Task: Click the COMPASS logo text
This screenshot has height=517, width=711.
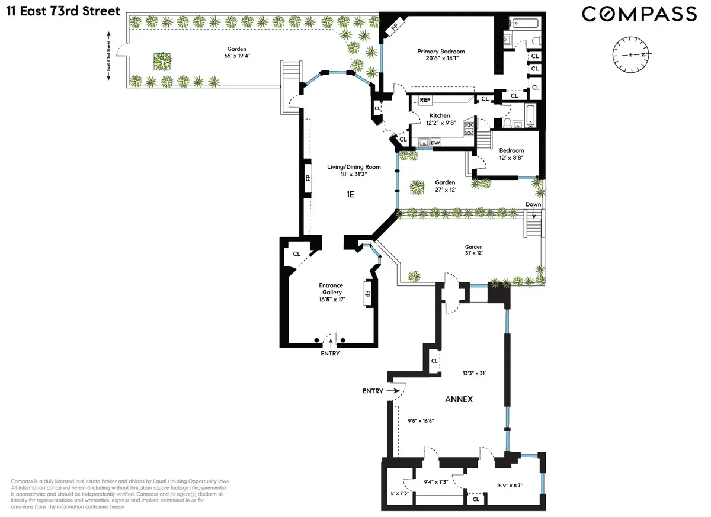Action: (639, 14)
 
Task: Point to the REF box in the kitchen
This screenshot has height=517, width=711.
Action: (425, 100)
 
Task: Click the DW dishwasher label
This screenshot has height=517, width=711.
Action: (435, 143)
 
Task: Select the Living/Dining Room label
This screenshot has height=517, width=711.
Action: (354, 171)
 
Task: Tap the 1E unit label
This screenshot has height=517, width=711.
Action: (350, 194)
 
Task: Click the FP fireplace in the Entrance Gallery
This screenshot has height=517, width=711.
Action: (367, 294)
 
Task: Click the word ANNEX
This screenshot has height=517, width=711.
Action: (459, 399)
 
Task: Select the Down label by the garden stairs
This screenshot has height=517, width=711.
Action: (533, 204)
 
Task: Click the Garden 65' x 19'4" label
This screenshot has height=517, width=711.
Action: (235, 53)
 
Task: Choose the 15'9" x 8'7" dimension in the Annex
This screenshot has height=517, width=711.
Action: (509, 486)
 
